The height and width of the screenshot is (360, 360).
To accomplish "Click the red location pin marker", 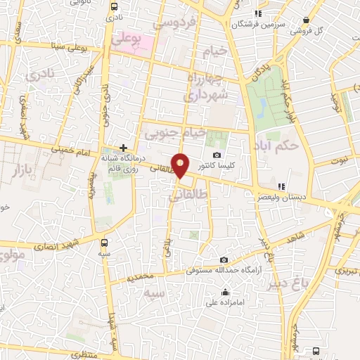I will (181, 165).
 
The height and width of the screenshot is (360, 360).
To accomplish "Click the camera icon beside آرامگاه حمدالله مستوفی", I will (224, 259).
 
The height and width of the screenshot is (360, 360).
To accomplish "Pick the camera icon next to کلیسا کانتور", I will (216, 155).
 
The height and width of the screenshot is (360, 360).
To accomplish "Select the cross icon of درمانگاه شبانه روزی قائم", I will (124, 148).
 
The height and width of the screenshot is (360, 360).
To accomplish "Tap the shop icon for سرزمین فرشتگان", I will (258, 13).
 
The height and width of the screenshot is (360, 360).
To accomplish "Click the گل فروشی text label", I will (306, 32).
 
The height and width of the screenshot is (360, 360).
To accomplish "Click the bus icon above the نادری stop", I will (114, 6).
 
